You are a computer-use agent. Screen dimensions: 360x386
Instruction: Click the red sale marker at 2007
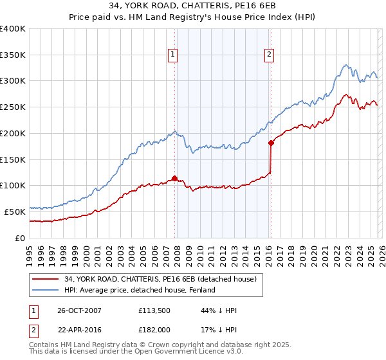pos(174,179)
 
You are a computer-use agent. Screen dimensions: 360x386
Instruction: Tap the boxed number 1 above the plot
pos(174,55)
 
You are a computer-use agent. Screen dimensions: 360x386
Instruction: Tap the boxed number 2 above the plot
pos(269,55)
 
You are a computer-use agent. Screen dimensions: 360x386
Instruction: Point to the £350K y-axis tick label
pos(13,55)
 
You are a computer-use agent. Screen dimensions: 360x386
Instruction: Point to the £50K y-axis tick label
pos(15,212)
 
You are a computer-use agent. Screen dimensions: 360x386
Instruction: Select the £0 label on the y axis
pos(21,238)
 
